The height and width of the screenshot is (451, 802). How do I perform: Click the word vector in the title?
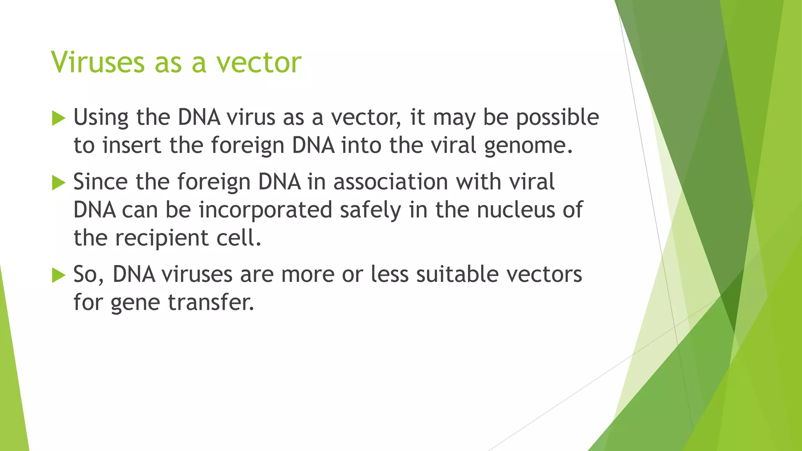coord(259,63)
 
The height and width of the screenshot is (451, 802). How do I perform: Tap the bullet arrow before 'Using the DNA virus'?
coord(58,118)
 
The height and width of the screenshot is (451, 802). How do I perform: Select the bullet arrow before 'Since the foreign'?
coord(58,182)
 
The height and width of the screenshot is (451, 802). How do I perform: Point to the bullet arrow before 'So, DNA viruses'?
coord(58,275)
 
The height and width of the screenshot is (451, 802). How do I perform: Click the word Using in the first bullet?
coord(101,117)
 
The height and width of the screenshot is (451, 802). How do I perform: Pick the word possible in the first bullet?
coord(557,117)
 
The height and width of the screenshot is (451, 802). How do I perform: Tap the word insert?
coord(132,146)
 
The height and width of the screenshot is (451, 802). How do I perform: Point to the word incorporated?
coord(266,210)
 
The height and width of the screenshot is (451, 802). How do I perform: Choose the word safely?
coord(370,210)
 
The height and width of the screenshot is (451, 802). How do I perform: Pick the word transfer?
coord(211,303)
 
